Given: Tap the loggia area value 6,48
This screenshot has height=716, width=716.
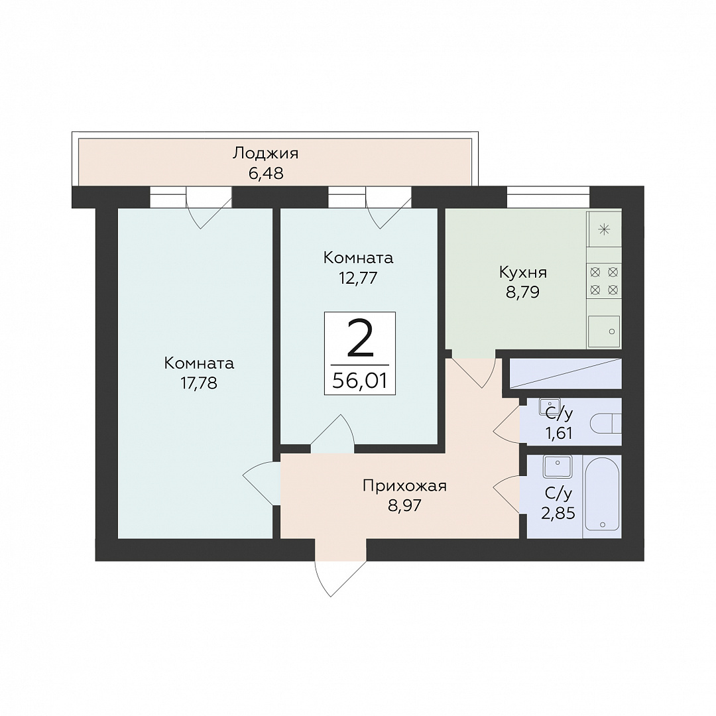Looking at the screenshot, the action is point(267,174).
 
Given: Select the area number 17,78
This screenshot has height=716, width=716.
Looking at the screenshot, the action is point(199,383).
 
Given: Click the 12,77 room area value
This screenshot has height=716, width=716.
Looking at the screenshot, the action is point(358,278).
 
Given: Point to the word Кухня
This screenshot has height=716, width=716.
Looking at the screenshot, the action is point(523,272).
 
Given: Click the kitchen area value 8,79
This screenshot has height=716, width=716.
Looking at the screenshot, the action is point(523,292).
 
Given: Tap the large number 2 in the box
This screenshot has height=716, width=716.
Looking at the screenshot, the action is point(360,337).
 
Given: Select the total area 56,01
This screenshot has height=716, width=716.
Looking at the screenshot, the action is point(360,380).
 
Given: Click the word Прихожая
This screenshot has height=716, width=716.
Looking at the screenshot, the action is point(404,486).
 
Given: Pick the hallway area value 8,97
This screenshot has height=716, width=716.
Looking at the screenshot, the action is point(404,506).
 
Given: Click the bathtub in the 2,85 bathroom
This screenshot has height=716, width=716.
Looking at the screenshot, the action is point(602,495).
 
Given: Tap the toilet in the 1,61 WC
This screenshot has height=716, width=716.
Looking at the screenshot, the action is point(606,423).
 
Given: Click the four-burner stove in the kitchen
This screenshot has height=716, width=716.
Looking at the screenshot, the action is point(604,281).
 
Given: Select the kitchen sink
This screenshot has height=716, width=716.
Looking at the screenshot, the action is point(604,331).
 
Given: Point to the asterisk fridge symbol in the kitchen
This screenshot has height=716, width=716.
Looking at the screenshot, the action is point(604,229).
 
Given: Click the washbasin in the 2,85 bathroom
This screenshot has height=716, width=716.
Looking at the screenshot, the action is point(557,466).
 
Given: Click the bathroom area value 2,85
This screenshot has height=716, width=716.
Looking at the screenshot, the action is point(558,514).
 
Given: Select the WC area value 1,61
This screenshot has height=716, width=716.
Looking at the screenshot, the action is point(559,433).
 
